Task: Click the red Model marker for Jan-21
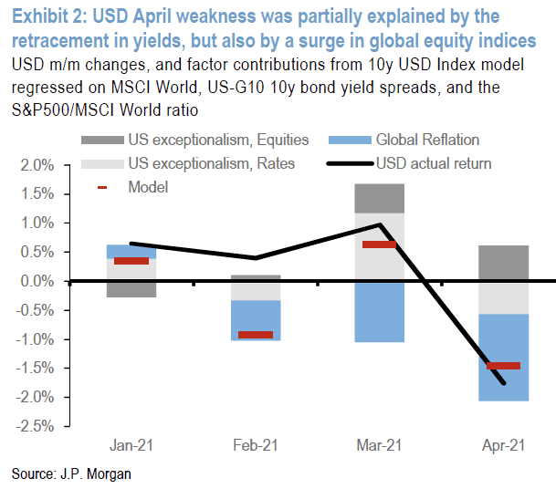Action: pos(131,261)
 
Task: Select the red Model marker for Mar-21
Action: pos(379,244)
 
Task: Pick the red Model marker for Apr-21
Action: pos(503,366)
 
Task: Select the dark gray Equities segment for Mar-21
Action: pos(379,198)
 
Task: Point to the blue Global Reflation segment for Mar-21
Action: pos(379,310)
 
